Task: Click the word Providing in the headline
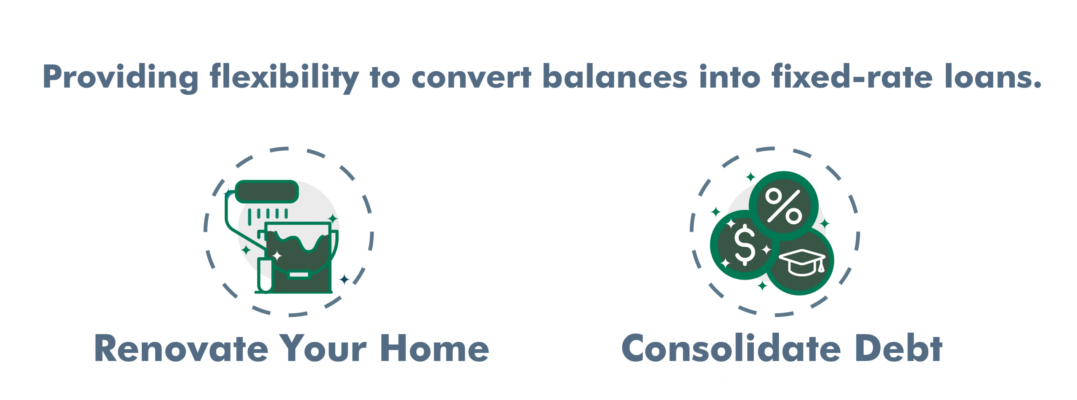pyautogui.click(x=120, y=77)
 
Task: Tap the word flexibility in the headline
pyautogui.click(x=284, y=77)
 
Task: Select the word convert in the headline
pyautogui.click(x=471, y=77)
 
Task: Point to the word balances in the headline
pyautogui.click(x=615, y=77)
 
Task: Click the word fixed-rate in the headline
pyautogui.click(x=852, y=77)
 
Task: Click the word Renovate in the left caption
pyautogui.click(x=181, y=349)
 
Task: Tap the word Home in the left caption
pyautogui.click(x=435, y=349)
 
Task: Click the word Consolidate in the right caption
pyautogui.click(x=731, y=349)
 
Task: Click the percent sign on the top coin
pyautogui.click(x=783, y=205)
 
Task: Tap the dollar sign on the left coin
pyautogui.click(x=745, y=245)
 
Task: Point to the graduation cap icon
pyautogui.click(x=802, y=262)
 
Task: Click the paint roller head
pyautogui.click(x=267, y=192)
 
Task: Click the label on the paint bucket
pyautogui.click(x=299, y=275)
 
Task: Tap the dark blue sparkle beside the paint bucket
pyautogui.click(x=344, y=279)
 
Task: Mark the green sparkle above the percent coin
pyautogui.click(x=751, y=177)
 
